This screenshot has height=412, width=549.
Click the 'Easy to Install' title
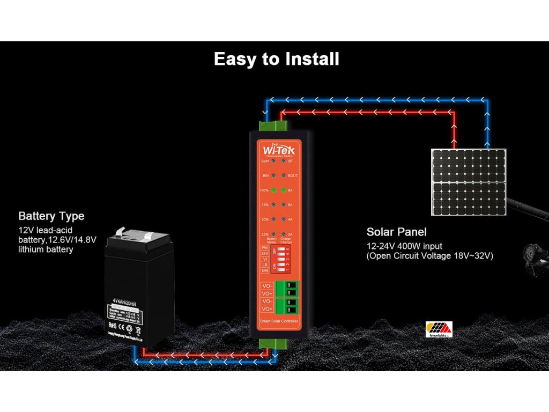276,59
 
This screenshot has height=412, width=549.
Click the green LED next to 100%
273,190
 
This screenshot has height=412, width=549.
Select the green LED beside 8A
283,190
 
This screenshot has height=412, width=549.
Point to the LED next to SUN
273,161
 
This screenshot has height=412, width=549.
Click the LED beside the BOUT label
283,175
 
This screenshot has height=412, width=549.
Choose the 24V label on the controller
265,253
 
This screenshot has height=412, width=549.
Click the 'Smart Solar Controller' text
278,321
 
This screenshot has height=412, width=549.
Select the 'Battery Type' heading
51,216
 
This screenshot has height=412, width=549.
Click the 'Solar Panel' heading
397,232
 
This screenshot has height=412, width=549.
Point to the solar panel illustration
469,182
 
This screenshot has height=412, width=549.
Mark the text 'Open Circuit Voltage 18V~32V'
429,256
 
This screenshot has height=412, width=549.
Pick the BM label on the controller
265,270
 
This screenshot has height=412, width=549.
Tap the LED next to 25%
273,234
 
